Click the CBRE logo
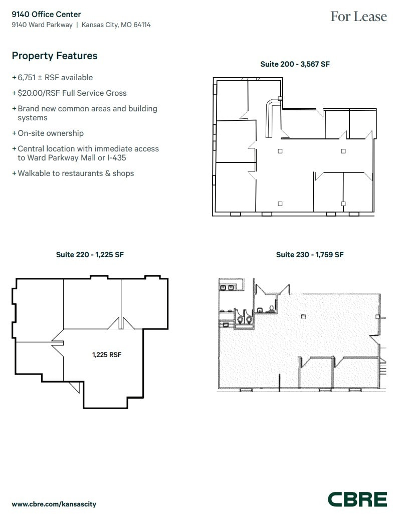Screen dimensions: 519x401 click(357, 499)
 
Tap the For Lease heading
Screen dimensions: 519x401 click(358, 17)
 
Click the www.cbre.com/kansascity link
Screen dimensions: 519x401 click(54, 504)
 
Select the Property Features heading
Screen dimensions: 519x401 click(55, 56)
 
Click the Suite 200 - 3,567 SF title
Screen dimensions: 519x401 click(295, 64)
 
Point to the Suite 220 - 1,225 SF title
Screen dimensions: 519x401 click(90, 255)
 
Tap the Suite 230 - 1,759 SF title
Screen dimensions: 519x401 click(309, 255)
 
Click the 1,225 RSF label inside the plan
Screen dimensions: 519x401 click(107, 355)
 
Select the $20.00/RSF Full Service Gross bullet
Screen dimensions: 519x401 click(72, 93)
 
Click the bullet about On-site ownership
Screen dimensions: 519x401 click(50, 133)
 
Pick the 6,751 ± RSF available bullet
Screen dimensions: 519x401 click(55, 78)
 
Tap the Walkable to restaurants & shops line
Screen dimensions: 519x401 click(75, 174)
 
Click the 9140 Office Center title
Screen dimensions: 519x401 click(46, 15)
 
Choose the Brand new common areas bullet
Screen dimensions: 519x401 click(87, 109)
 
